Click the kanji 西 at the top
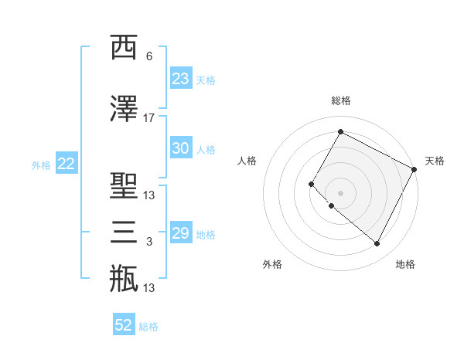click(x=124, y=47)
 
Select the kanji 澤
click(x=124, y=110)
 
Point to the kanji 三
click(x=124, y=232)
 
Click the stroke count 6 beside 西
click(x=149, y=56)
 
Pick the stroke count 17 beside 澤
click(x=149, y=118)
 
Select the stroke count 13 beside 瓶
click(x=149, y=288)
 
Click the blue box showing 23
click(x=180, y=79)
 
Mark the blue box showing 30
click(x=180, y=149)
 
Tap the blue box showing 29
click(x=180, y=233)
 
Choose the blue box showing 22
click(x=66, y=164)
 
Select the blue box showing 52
click(x=124, y=325)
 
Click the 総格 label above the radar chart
click(x=340, y=100)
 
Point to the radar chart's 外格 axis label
click(x=272, y=265)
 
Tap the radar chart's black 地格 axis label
click(x=405, y=265)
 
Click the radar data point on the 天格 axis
click(x=415, y=169)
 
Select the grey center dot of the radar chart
click(x=340, y=193)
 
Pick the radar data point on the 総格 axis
click(x=340, y=131)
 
